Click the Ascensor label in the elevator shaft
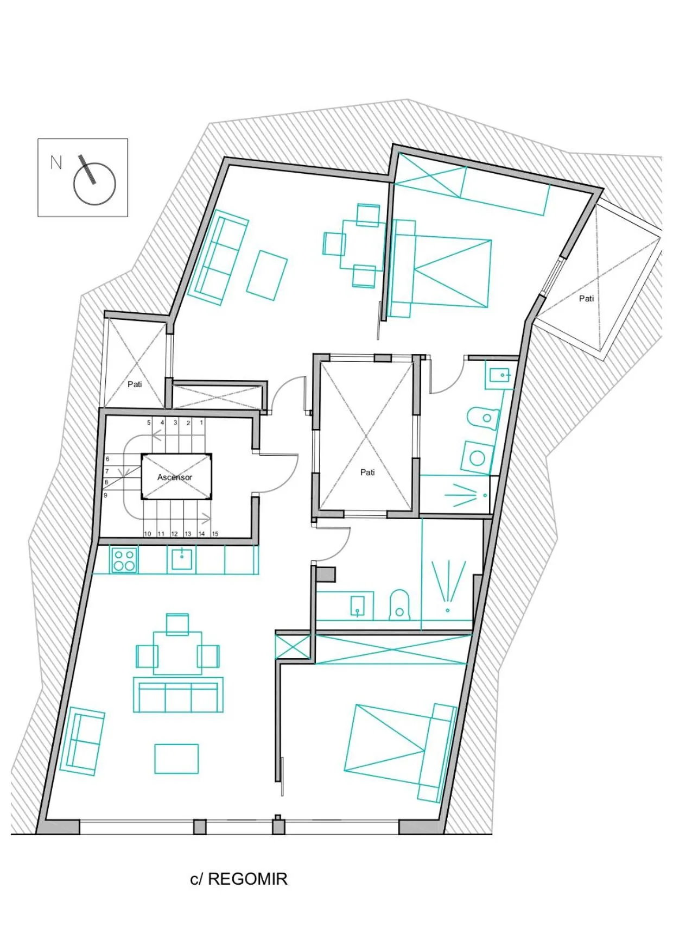pyautogui.click(x=175, y=477)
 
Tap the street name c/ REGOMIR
pyautogui.click(x=239, y=879)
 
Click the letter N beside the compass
pyautogui.click(x=56, y=162)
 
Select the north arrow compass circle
pyautogui.click(x=94, y=184)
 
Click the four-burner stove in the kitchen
pyautogui.click(x=124, y=560)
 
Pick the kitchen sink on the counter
pyautogui.click(x=181, y=559)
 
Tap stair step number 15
pyautogui.click(x=215, y=534)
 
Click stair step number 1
pyautogui.click(x=201, y=423)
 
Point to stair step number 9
pyautogui.click(x=105, y=495)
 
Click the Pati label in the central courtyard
pyautogui.click(x=367, y=472)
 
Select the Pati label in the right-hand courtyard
pyautogui.click(x=586, y=299)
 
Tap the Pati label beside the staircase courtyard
pyautogui.click(x=135, y=384)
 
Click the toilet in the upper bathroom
pyautogui.click(x=483, y=418)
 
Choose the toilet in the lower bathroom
pyautogui.click(x=399, y=606)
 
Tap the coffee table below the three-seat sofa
pyautogui.click(x=176, y=759)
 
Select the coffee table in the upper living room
pyautogui.click(x=267, y=275)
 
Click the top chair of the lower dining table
pyautogui.click(x=177, y=623)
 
